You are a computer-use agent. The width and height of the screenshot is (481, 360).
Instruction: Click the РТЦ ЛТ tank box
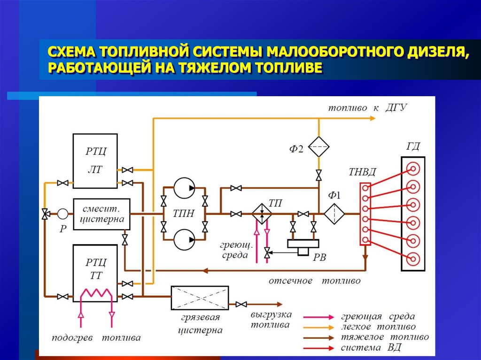coord(95,160)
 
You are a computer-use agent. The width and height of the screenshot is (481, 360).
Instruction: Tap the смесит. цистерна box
coord(101,214)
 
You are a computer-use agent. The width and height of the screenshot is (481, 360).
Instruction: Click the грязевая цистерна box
coord(200,297)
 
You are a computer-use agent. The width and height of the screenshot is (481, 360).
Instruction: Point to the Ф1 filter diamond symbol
coord(334,214)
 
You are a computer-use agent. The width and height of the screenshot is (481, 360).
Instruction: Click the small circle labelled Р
coord(62,214)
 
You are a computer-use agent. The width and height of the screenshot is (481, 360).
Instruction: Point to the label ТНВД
coord(362,172)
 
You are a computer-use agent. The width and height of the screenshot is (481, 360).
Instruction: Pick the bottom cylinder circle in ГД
coord(413,259)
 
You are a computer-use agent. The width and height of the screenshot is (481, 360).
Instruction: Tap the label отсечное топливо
coord(315,281)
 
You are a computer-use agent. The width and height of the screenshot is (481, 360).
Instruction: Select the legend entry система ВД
coord(371,348)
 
